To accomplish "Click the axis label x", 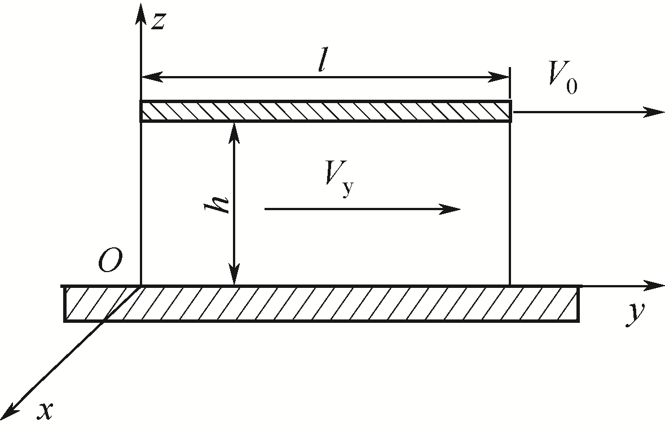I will (x=45, y=412).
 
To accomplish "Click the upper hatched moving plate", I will (x=325, y=111).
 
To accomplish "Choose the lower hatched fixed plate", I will (x=322, y=304).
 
